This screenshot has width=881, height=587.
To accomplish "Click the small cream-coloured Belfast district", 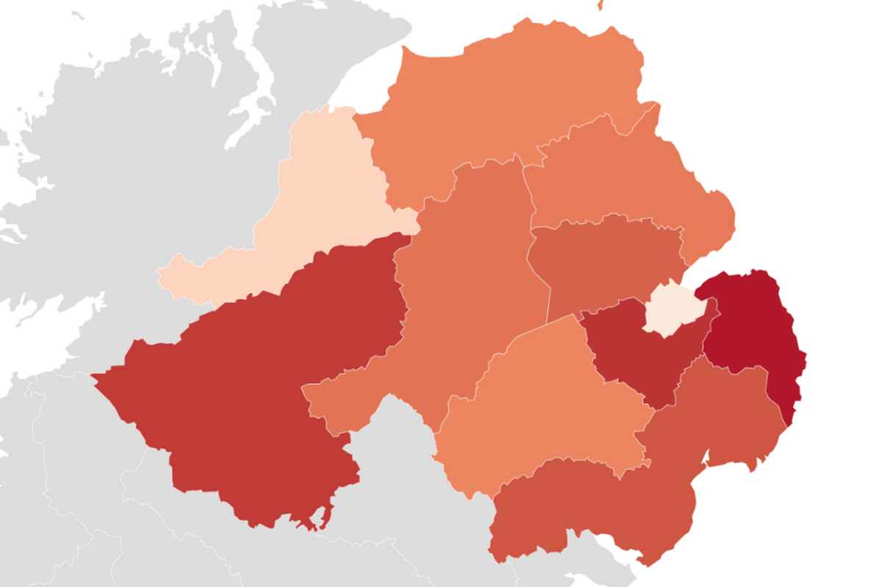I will (x=670, y=309).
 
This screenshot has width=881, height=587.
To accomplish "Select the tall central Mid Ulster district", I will (x=470, y=279).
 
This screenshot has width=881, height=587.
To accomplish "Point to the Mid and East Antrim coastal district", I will (x=624, y=176).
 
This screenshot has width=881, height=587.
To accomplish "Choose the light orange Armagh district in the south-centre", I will (x=543, y=411).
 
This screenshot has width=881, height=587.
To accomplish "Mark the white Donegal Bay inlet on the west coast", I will (x=29, y=323).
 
